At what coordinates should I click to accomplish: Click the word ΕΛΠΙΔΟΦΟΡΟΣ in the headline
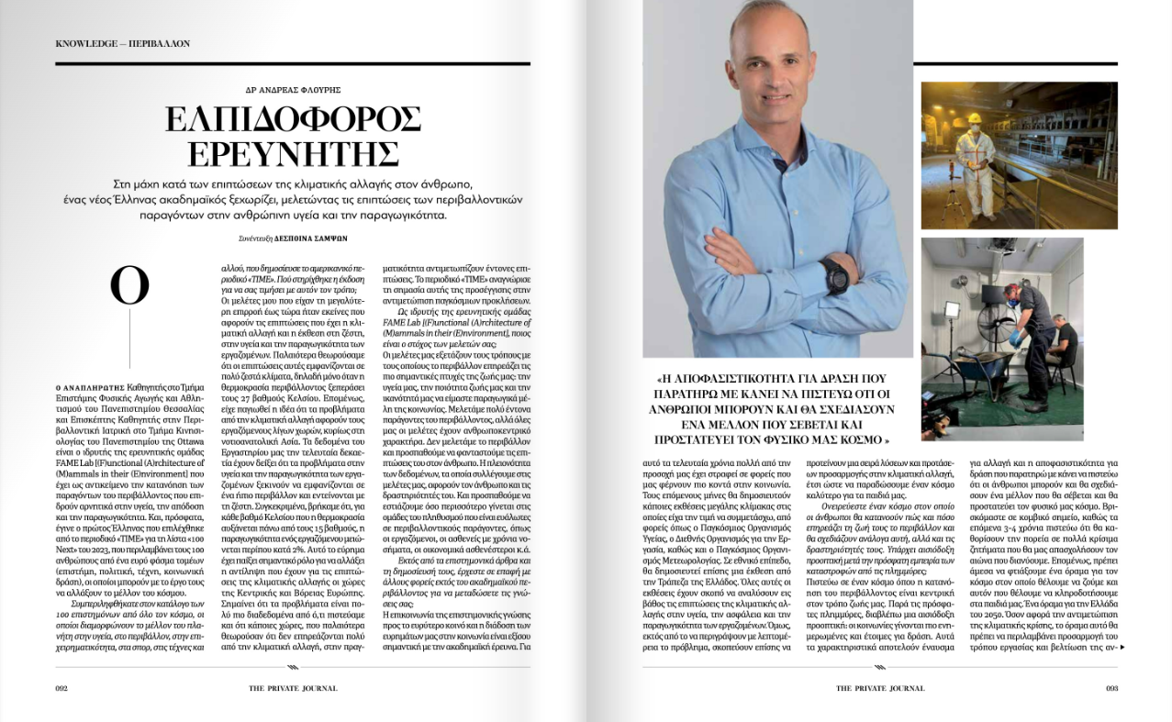click(x=293, y=119)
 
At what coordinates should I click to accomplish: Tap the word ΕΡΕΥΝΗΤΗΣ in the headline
click(x=293, y=152)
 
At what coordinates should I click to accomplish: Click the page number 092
click(x=61, y=687)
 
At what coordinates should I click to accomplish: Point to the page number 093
click(x=1111, y=687)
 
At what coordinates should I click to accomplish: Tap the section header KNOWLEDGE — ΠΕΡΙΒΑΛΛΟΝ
click(x=122, y=43)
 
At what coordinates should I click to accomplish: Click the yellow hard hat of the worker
click(x=975, y=118)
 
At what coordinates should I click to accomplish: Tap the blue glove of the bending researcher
click(x=1015, y=337)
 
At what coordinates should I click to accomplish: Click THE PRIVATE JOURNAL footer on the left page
click(x=293, y=687)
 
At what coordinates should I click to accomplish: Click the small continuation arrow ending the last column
click(x=1122, y=647)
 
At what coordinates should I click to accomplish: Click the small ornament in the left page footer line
click(x=293, y=667)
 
